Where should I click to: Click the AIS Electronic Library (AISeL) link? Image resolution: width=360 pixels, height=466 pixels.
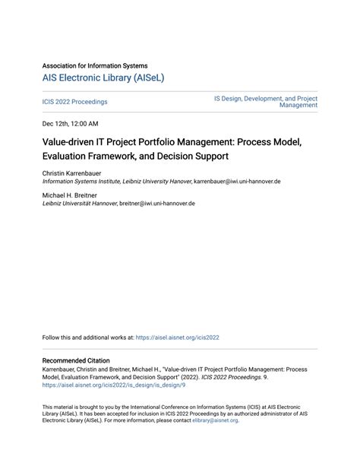coord(103,78)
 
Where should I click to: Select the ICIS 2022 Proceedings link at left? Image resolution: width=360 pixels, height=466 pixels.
coord(74,102)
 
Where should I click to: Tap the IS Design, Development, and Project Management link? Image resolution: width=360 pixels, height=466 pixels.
coord(266,102)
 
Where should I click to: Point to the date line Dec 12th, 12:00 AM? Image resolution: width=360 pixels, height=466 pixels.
coord(71,123)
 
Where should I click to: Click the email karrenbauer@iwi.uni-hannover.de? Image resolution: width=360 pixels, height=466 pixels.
coord(237,182)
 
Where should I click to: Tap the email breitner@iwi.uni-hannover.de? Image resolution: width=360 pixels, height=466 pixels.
coord(157,204)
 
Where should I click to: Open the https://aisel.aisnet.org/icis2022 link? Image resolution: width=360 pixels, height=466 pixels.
coord(177,338)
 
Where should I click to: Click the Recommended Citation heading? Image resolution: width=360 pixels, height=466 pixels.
coord(76,360)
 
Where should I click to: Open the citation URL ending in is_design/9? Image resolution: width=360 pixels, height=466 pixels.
coord(114,385)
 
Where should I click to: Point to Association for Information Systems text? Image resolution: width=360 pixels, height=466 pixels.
coord(95,66)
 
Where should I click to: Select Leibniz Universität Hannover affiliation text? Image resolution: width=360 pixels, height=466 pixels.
coord(80,204)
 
